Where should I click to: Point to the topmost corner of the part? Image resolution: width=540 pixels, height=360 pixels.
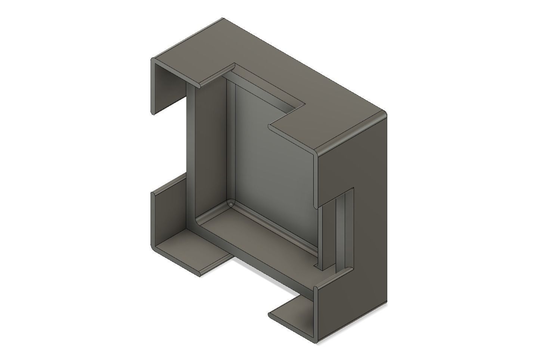click(x=224, y=18)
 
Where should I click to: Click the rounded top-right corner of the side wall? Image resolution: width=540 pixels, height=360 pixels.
click(x=385, y=113)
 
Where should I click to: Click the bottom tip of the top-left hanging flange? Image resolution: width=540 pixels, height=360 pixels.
click(x=152, y=112)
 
